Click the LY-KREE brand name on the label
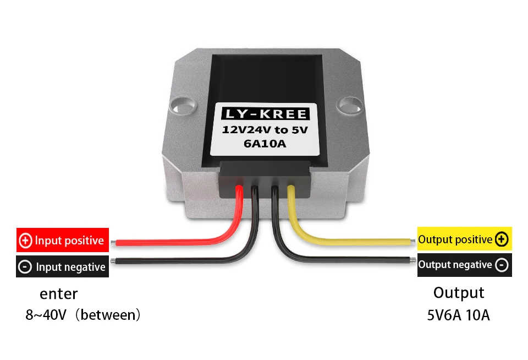(x=265, y=114)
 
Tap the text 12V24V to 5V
(x=265, y=130)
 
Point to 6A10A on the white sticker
(x=265, y=144)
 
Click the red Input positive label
(x=63, y=241)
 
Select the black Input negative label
(x=63, y=267)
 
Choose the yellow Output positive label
(x=464, y=239)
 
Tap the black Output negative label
(x=464, y=265)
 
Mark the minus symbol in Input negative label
(x=25, y=267)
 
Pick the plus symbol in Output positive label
(x=501, y=239)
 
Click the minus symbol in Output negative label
(x=502, y=265)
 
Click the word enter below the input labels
(x=59, y=293)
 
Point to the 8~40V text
(x=46, y=315)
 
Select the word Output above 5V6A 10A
(x=459, y=292)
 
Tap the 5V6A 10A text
(x=459, y=315)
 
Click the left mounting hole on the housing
(x=182, y=103)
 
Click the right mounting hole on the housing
(x=348, y=103)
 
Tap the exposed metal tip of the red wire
(x=113, y=242)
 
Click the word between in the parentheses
(x=108, y=315)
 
